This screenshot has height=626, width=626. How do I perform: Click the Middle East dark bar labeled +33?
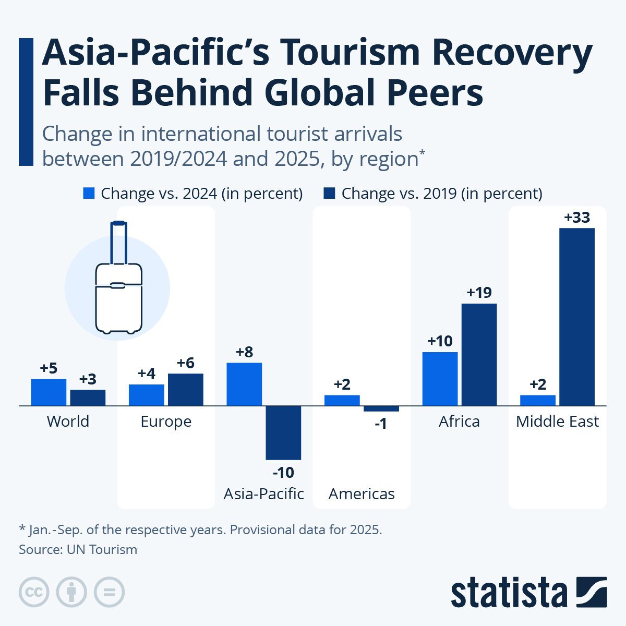point(576,317)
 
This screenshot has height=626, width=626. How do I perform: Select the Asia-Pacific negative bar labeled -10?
point(283,432)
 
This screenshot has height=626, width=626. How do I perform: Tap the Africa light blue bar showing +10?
point(440,379)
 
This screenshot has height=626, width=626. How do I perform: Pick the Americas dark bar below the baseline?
point(381,408)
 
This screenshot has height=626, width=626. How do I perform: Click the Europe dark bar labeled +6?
point(185,389)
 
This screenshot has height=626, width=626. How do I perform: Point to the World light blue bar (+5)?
point(49,392)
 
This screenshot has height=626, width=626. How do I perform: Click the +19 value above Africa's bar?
point(479,293)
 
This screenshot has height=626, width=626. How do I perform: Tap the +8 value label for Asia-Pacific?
point(244,352)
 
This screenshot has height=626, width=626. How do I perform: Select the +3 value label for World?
point(88,379)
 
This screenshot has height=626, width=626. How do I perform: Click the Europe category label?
point(166,422)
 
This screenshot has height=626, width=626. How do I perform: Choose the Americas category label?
point(362,493)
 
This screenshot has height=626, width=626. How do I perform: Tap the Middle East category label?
point(557,422)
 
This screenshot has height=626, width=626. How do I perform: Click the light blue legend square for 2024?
point(89,194)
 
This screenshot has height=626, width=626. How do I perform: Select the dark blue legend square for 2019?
point(329,194)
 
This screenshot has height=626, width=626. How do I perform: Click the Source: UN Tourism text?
point(78,549)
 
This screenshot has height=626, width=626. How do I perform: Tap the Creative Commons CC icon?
point(34,592)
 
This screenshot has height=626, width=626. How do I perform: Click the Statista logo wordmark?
point(509,593)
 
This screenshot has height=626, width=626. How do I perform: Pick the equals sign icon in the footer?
point(109,592)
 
